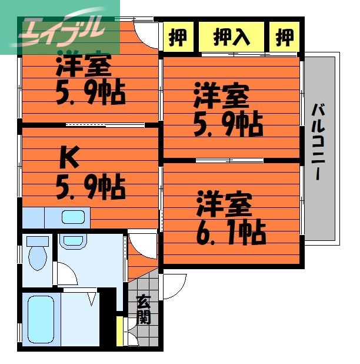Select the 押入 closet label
(x=231, y=37)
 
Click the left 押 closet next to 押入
(x=177, y=37)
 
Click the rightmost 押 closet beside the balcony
(x=285, y=37)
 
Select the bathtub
(x=42, y=318)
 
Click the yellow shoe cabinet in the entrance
(x=120, y=331)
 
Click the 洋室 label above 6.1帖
(x=225, y=203)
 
